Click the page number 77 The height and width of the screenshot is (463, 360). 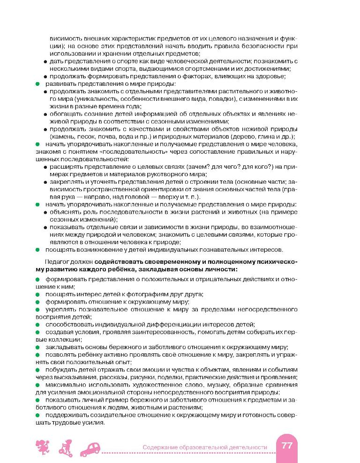tap(286, 446)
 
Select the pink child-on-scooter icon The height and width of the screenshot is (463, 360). tap(66, 448)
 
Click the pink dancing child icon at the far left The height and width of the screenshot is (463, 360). tap(41, 447)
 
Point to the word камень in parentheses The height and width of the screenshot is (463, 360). tap(63, 136)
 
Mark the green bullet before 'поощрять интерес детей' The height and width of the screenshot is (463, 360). tap(37, 294)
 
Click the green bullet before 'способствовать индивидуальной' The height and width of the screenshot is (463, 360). tap(37, 324)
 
